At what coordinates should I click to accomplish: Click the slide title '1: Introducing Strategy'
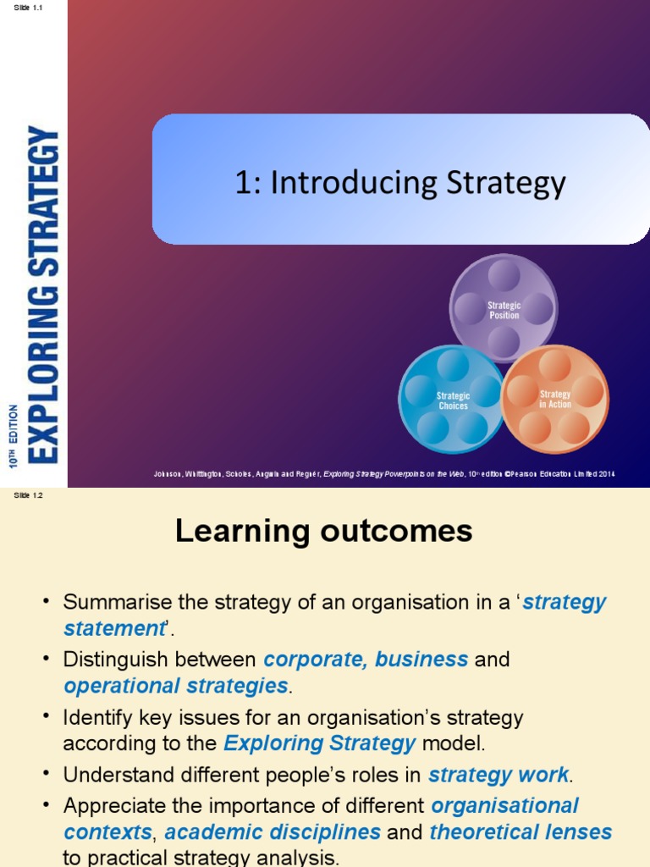tap(400, 183)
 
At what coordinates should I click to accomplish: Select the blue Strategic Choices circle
tap(453, 400)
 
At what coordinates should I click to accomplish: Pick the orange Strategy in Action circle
tap(555, 399)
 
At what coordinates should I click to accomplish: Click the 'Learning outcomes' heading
tap(323, 531)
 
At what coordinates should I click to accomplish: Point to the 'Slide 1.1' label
tap(28, 7)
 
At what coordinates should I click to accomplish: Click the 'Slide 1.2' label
tap(28, 495)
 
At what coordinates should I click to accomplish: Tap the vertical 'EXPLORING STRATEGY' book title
tap(43, 293)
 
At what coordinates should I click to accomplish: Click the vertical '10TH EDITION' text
tap(13, 436)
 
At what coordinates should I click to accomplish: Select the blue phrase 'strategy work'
tap(499, 775)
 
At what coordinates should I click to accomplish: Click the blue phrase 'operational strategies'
tap(176, 686)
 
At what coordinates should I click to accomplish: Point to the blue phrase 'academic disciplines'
tap(273, 832)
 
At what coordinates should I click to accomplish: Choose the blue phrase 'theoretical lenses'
tap(520, 832)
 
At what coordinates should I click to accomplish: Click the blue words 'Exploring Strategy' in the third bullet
tap(319, 743)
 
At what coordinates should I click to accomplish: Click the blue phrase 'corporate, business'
tap(366, 659)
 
